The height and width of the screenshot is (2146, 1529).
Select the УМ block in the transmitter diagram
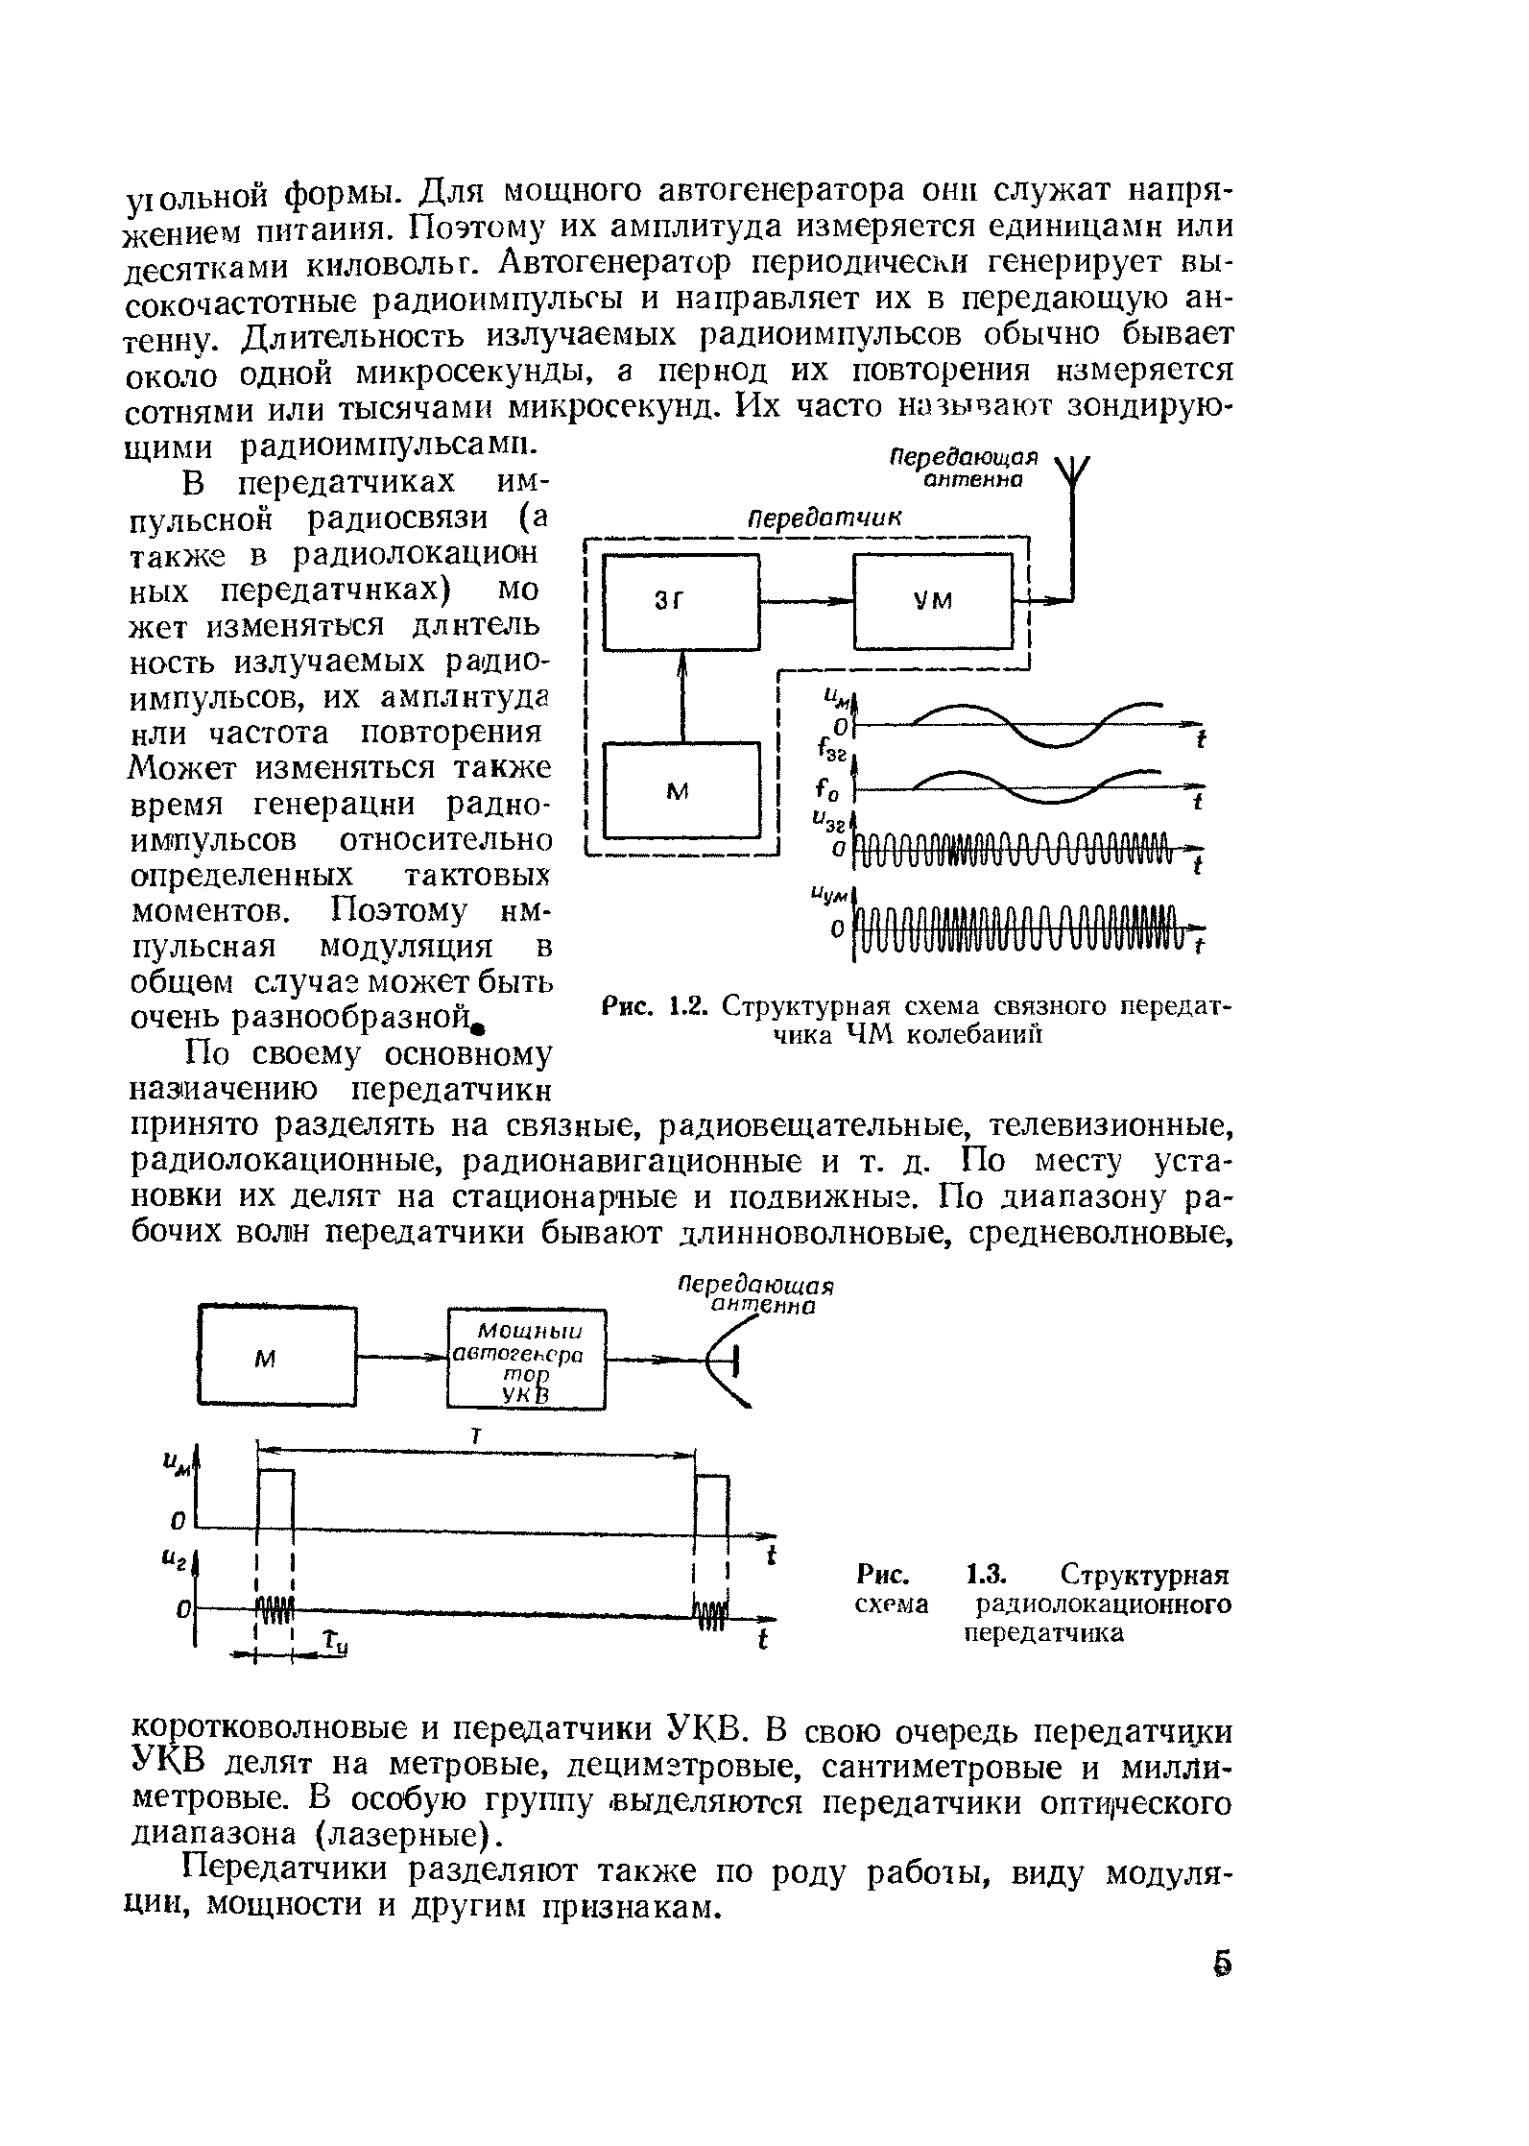coord(933,602)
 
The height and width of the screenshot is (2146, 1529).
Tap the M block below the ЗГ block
coord(681,790)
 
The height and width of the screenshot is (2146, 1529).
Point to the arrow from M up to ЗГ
coord(682,696)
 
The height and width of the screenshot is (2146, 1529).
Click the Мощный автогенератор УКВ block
coord(529,1360)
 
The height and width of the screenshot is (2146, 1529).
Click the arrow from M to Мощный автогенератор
coord(403,1359)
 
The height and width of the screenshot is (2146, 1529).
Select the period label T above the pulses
coord(477,1435)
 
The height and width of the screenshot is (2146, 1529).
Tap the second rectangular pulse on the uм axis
coord(712,1501)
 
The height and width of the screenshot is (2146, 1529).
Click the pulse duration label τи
coord(335,1644)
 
